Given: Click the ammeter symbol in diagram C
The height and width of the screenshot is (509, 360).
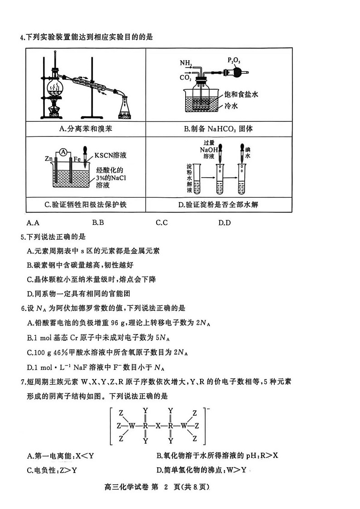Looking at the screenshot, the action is [x=64, y=151].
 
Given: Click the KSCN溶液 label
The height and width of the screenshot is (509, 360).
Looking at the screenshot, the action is [x=110, y=155].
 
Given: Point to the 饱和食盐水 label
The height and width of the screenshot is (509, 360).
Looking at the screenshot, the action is [x=241, y=95].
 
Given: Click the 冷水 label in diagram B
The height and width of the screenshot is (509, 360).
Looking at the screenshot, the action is [x=231, y=106].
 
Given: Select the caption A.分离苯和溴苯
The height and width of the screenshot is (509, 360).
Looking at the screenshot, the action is [x=86, y=129].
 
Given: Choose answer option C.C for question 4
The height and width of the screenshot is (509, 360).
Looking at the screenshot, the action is [x=162, y=223].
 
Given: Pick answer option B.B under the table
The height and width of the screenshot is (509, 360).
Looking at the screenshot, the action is [x=98, y=223].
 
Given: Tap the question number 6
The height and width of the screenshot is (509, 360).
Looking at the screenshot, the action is [x=23, y=309].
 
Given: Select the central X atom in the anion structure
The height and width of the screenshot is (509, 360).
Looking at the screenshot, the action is [x=158, y=426].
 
